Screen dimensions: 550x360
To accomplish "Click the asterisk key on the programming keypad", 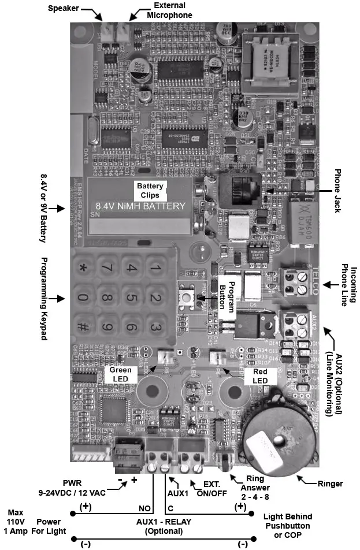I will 84,268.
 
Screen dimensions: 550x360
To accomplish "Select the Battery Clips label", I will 150,190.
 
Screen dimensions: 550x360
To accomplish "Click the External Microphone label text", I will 169,10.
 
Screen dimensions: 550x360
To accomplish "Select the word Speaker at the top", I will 63,9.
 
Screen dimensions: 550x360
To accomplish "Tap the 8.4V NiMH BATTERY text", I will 140,206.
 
